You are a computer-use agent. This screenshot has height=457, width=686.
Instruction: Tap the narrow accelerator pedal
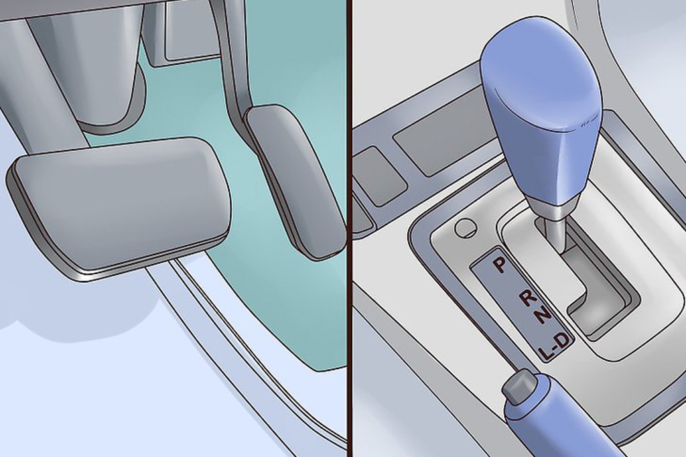[294, 182]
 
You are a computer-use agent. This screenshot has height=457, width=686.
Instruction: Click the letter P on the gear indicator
[498, 265]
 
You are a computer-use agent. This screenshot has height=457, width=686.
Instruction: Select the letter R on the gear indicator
[529, 298]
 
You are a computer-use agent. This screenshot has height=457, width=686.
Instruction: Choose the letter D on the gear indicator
[564, 340]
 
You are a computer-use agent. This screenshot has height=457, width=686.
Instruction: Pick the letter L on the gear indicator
[545, 353]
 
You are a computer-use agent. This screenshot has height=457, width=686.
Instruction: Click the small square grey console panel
[377, 175]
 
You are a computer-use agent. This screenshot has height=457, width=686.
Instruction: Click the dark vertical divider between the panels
[350, 228]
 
